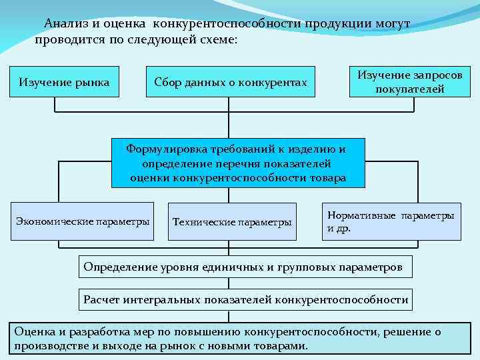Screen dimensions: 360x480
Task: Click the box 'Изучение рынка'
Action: click(x=64, y=82)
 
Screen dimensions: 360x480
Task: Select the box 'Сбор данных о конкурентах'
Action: click(x=230, y=82)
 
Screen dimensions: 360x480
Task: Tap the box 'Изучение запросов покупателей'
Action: click(x=409, y=81)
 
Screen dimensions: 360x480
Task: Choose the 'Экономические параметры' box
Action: click(x=83, y=221)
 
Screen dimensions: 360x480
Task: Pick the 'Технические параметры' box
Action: click(x=232, y=221)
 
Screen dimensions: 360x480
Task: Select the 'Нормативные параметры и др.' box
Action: click(x=391, y=221)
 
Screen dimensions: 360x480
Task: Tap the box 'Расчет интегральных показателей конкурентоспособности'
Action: click(x=245, y=299)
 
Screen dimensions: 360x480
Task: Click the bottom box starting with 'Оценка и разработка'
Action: click(x=237, y=339)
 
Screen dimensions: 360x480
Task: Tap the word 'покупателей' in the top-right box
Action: click(x=409, y=89)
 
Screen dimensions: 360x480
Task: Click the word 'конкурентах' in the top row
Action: click(x=276, y=82)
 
